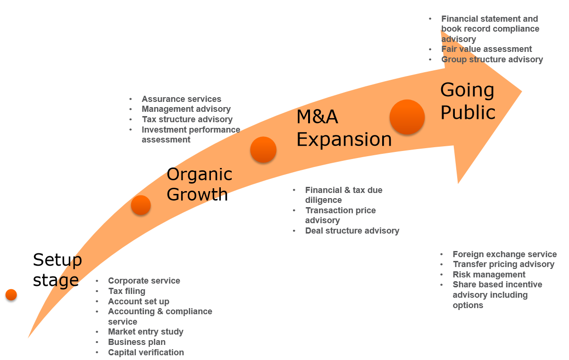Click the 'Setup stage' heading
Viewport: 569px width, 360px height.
(x=57, y=269)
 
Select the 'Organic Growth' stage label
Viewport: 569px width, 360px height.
(x=199, y=184)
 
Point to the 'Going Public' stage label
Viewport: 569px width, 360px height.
(x=467, y=101)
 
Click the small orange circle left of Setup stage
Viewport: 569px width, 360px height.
(x=11, y=295)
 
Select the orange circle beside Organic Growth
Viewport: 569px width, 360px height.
(x=141, y=205)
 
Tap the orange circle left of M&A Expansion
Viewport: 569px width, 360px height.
(x=263, y=150)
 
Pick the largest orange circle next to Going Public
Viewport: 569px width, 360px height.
(x=407, y=117)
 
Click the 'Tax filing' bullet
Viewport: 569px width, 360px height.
(x=126, y=291)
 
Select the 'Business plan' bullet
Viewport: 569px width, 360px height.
(x=136, y=342)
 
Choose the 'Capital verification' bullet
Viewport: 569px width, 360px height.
(x=146, y=352)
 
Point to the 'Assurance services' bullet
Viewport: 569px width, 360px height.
(x=181, y=99)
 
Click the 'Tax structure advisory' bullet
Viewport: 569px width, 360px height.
(x=187, y=119)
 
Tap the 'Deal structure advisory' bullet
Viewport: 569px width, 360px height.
(x=352, y=231)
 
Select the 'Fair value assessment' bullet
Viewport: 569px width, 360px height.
(x=486, y=49)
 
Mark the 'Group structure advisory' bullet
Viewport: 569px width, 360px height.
(x=492, y=59)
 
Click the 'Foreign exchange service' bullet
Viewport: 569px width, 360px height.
(x=504, y=254)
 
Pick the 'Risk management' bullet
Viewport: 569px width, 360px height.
(x=489, y=275)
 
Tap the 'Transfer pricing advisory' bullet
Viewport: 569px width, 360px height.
(x=503, y=264)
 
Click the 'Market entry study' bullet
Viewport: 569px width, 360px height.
(x=145, y=332)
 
